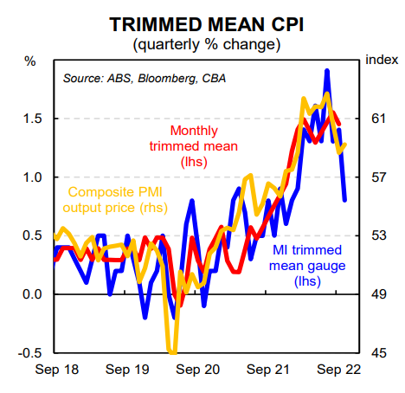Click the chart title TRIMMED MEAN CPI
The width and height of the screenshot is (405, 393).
click(206, 24)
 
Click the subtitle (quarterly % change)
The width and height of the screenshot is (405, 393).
click(207, 45)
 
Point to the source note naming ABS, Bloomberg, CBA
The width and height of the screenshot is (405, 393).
click(145, 79)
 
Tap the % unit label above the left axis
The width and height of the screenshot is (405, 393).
click(30, 61)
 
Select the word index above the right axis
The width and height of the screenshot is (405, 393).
click(382, 60)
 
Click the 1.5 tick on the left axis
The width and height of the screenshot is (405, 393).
click(32, 119)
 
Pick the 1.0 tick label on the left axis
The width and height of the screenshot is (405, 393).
click(32, 177)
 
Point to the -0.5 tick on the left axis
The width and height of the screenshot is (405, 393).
click(30, 353)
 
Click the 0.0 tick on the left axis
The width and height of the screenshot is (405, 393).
click(32, 294)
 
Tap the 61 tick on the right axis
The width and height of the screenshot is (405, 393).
click(378, 119)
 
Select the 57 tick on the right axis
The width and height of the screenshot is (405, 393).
click(378, 177)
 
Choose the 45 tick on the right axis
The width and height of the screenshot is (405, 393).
click(378, 353)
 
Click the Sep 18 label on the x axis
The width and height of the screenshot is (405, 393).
click(57, 370)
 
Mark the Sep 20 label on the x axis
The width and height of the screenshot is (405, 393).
click(198, 370)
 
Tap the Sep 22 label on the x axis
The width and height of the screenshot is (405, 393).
click(339, 370)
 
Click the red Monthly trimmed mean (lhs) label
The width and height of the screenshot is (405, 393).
click(194, 146)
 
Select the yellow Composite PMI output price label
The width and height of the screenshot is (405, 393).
click(115, 200)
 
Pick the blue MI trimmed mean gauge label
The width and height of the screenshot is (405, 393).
click(307, 266)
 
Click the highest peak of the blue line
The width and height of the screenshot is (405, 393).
click(327, 71)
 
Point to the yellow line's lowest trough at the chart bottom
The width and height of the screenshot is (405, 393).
click(173, 352)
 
